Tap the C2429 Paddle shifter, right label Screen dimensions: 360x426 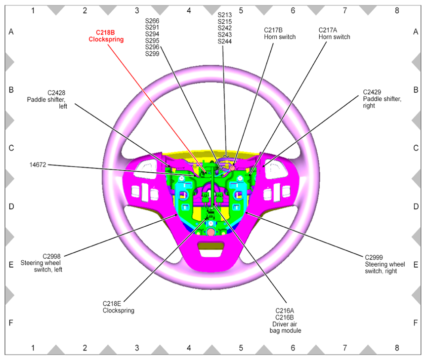pos(382,99)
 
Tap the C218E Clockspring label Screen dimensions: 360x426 pos(118,307)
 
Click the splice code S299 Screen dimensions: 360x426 pos(152,53)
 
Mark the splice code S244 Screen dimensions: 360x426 pos(225,41)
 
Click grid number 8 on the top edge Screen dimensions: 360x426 pos(396,9)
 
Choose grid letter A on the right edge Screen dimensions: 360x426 pos(416,32)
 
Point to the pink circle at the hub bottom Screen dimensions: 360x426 pos(211,232)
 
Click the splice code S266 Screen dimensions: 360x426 pos(152,21)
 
